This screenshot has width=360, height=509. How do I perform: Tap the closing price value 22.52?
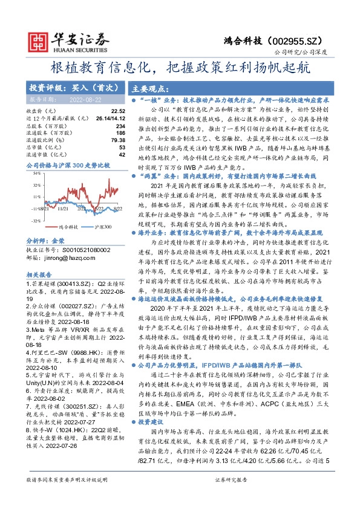coord(117,112)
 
